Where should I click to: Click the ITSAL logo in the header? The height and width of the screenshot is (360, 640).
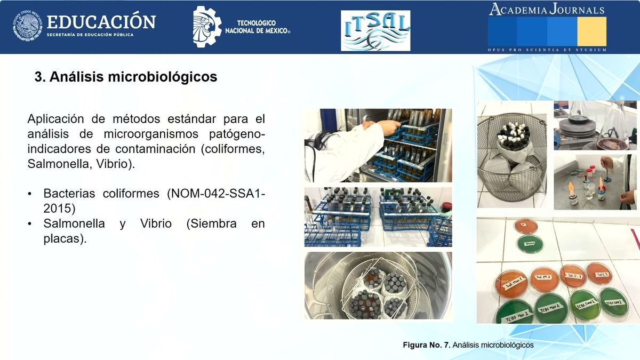pyautogui.click(x=375, y=30)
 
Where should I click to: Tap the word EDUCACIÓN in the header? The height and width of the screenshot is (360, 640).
pyautogui.click(x=101, y=22)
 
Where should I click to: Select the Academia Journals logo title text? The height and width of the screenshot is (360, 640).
pyautogui.click(x=547, y=10)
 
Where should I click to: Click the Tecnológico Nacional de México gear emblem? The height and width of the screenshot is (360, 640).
pyautogui.click(x=207, y=26)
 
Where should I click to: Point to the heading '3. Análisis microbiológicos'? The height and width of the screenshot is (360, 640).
pyautogui.click(x=126, y=77)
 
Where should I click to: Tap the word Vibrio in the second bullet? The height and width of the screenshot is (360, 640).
pyautogui.click(x=156, y=224)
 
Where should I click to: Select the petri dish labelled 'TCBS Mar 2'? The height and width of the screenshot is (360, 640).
pyautogui.click(x=550, y=308)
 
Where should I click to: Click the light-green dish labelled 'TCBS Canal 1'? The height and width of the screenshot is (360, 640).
pyautogui.click(x=584, y=305)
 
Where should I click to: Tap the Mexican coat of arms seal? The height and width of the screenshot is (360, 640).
pyautogui.click(x=27, y=27)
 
